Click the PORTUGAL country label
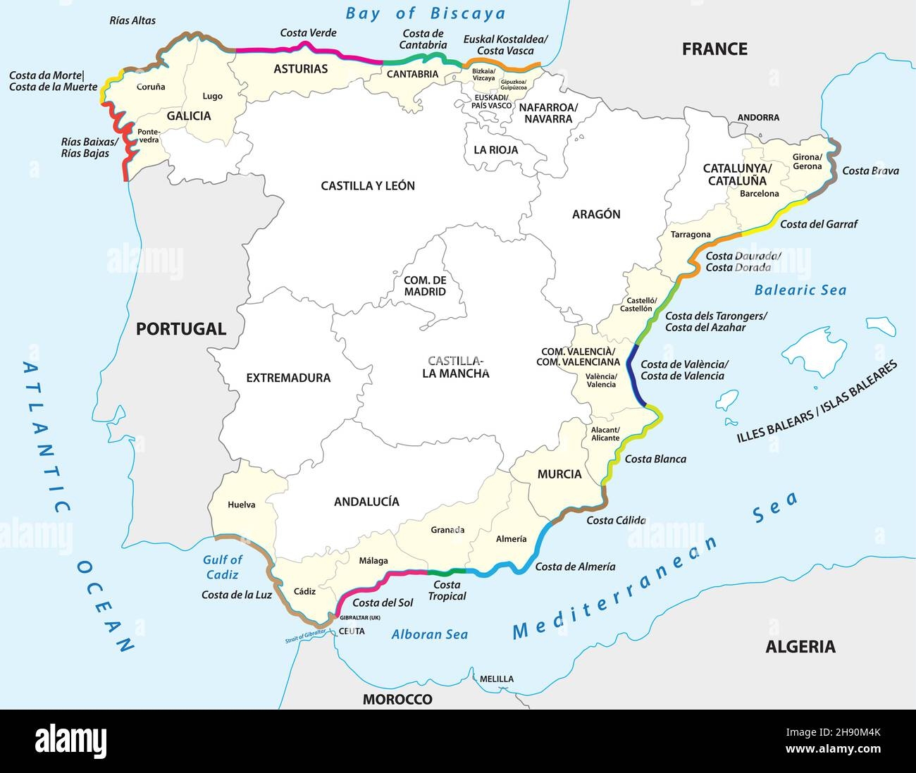coord(180,328)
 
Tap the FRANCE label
coord(714,49)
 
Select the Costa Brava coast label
coord(870,171)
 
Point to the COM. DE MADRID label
coord(425,285)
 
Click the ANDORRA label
coord(758,118)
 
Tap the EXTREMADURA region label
coord(288,378)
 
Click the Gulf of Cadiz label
coord(222,567)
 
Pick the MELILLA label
coord(496,679)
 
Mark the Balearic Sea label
coord(800,290)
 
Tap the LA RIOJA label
coord(495,150)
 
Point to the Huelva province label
coord(241,505)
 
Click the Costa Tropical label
coord(447,590)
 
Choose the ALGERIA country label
coord(800,646)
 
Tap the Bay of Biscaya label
coord(426,13)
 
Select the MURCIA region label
coord(559,474)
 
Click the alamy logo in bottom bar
coord(71,741)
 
